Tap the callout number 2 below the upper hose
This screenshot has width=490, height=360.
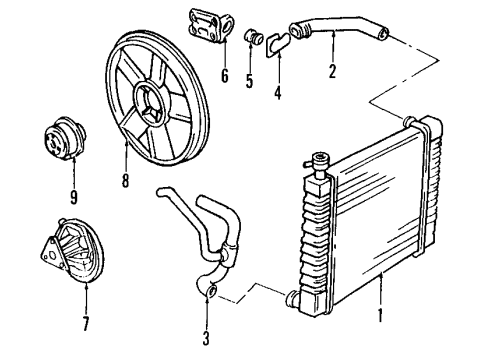(x=331, y=72)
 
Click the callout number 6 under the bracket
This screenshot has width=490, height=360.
(x=225, y=75)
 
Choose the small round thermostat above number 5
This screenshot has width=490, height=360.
(x=253, y=39)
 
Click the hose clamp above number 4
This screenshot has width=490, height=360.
(x=280, y=42)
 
